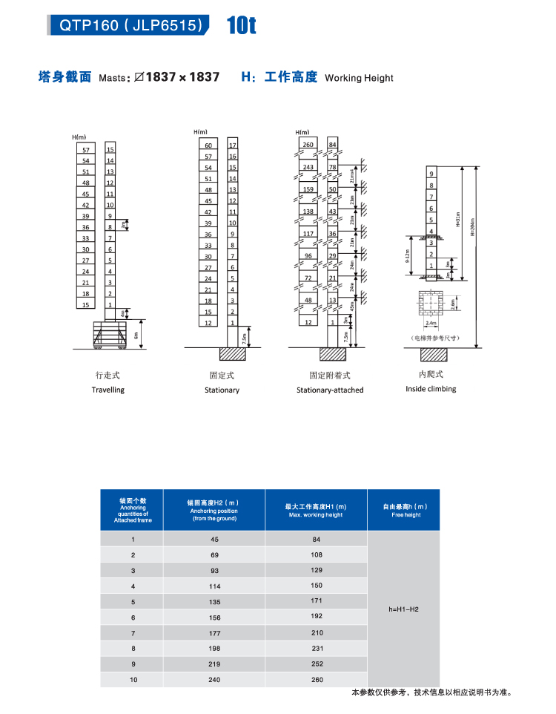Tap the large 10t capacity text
point(242,26)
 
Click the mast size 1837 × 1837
point(182,77)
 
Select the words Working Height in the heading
point(359,78)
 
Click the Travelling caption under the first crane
point(108,390)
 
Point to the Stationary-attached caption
point(330,390)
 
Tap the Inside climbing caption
point(431,389)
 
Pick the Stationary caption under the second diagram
point(222,390)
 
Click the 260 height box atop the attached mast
point(308,144)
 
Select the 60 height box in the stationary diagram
point(208,145)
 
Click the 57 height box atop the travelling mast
point(85,150)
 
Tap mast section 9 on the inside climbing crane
point(431,173)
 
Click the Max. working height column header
point(316,510)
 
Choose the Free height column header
point(404,510)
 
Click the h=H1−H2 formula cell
point(404,609)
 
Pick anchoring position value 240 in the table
point(214,680)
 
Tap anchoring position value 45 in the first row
point(214,540)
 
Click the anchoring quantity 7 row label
point(133,633)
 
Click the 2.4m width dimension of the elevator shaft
point(430,324)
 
